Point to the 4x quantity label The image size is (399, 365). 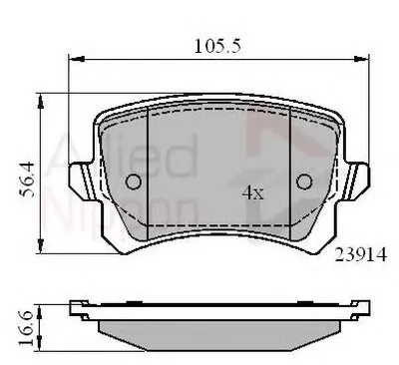coord(254,191)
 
